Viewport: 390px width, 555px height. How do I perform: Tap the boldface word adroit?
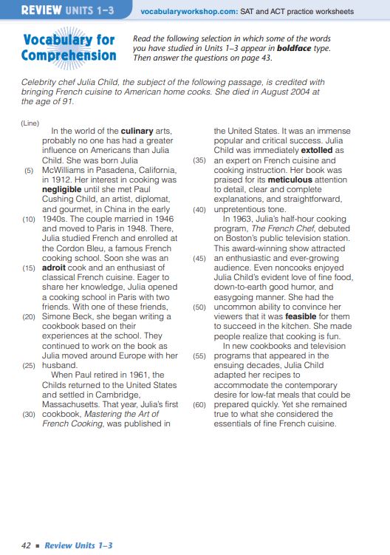[x=55, y=269]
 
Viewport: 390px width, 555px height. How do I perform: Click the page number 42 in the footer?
[x=26, y=545]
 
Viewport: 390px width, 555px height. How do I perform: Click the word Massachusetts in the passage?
[x=79, y=404]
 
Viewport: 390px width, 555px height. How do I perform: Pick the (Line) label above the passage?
[x=30, y=123]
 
